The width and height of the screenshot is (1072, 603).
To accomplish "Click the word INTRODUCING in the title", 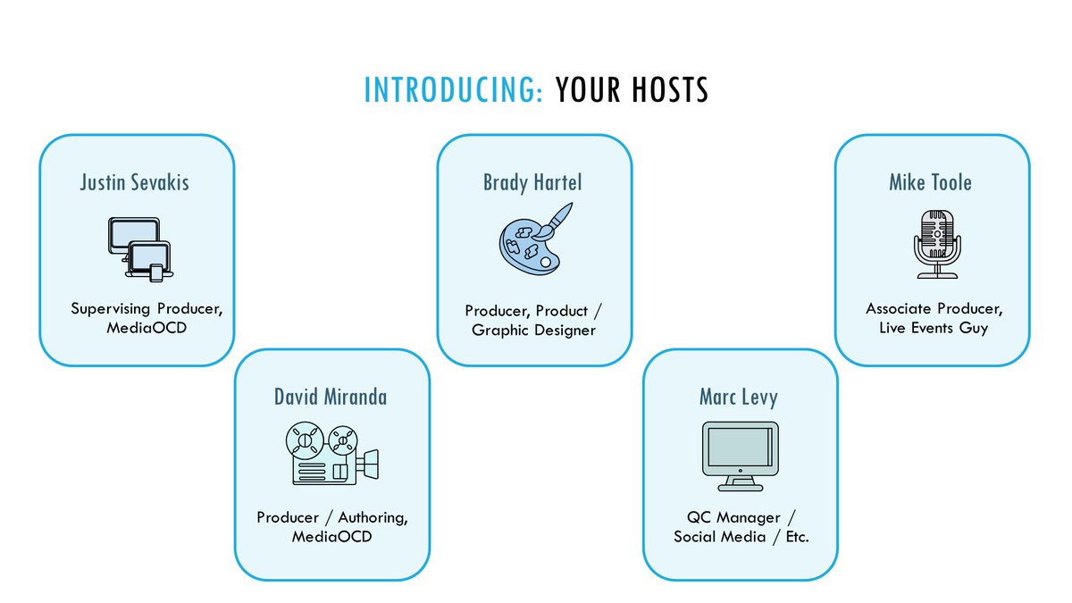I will pos(453,90).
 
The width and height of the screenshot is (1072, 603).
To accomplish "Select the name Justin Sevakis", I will pos(135,183).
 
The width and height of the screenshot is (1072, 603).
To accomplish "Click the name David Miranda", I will pos(331,397).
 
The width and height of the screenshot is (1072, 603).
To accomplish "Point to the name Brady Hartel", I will pos(532,183).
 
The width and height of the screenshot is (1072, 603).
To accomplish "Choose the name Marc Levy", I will pos(739,397).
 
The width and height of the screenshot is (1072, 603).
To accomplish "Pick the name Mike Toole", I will pos(930,183).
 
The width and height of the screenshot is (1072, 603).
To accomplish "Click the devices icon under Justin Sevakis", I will pos(136,247).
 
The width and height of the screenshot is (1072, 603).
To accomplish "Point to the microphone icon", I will pos(935,243).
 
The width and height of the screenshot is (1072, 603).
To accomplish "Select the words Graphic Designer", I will pos(534,331).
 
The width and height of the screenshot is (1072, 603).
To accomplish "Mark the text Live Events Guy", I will pos(934,329).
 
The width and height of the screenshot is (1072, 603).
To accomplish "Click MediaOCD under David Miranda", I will pos(331,538).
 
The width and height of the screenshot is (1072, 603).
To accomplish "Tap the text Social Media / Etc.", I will pos(741,538).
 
